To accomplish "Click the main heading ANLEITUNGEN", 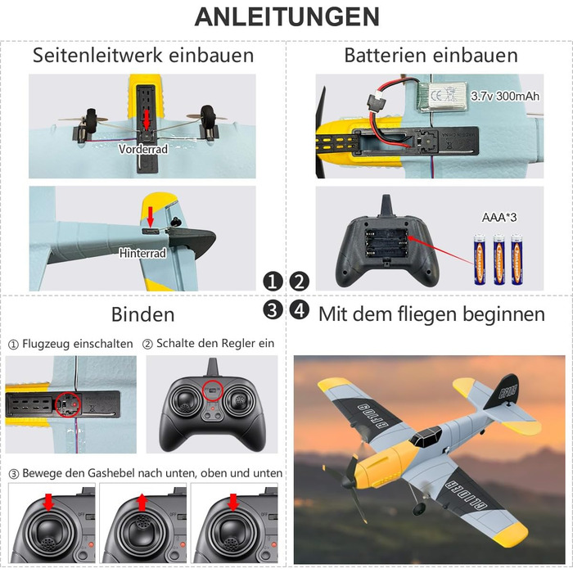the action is point(286,17).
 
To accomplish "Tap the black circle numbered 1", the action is point(273,282).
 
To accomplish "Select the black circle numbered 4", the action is point(300,310).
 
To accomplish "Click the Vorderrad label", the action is point(143,149).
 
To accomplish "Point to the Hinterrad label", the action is point(142,253).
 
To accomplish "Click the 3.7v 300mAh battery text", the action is point(505,96).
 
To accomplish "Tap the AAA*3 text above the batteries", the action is point(499,218).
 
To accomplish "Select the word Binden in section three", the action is point(143,314).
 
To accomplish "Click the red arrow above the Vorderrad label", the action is point(147,120).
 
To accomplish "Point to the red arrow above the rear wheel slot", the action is point(150,217).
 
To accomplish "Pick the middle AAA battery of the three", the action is point(499,259).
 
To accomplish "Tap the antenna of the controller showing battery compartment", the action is point(387,205).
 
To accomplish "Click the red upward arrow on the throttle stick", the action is point(142,503).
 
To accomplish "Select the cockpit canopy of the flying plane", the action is point(426,436).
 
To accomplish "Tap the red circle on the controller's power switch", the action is point(213,390).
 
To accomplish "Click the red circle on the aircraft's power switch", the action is point(68,404).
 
